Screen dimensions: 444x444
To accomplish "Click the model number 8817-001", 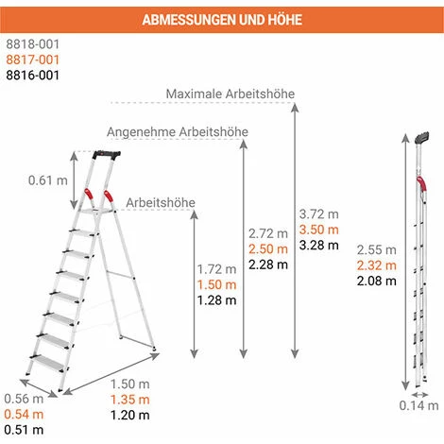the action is pos(33,60).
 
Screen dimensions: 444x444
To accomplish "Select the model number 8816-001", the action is pos(33,76).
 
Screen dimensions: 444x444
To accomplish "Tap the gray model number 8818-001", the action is pos(33,44).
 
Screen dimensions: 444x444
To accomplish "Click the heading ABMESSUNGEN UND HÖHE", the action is pos(222,20).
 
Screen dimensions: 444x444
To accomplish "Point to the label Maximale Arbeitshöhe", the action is pos(231,94).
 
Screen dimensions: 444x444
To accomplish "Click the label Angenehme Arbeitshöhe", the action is pos(178,131).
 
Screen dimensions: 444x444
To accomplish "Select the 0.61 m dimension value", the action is pos(48,180).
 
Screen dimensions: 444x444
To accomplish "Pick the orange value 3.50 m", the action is pos(319,230).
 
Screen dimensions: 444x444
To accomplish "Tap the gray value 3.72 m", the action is pos(319,214).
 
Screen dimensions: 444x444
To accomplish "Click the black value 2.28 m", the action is pos(268,265).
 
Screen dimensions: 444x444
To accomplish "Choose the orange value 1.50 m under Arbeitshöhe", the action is pos(217,284).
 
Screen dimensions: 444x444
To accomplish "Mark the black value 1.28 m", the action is pos(217,300).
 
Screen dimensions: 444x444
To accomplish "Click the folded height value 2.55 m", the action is pos(377,250).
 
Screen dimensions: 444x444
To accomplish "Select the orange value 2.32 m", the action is pos(377,265).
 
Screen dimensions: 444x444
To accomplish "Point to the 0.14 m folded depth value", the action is pos(418,405).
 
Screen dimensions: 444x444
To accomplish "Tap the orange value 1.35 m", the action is pos(130,400).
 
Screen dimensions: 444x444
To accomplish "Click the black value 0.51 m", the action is pos(24,430).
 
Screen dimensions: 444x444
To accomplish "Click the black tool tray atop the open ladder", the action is pos(107,155).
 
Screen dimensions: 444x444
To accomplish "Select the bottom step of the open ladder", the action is pos(48,363).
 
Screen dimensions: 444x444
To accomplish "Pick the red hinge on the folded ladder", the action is pos(421,184).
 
